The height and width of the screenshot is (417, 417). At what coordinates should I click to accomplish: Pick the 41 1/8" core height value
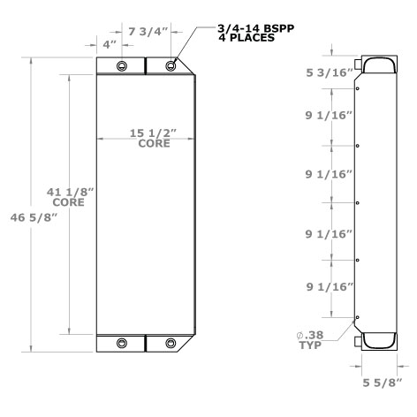[67, 192]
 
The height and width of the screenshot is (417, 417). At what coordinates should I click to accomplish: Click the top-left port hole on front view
[122, 67]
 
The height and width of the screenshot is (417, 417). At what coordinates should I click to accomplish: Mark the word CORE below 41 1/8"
[68, 202]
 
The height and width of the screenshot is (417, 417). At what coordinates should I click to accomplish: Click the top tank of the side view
[375, 67]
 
